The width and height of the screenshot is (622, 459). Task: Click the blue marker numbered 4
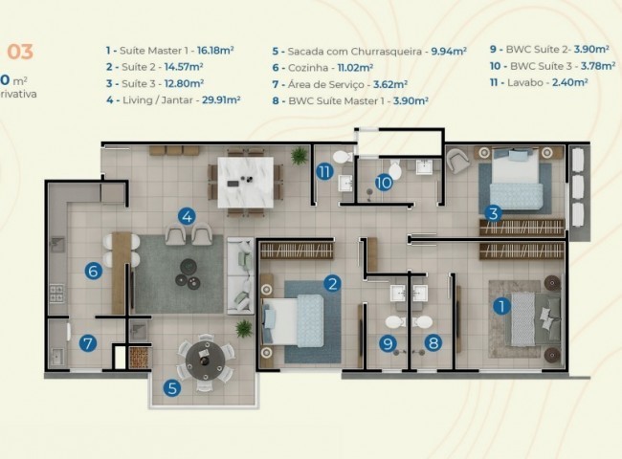click(x=188, y=217)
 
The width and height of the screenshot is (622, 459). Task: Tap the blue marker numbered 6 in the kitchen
click(x=92, y=271)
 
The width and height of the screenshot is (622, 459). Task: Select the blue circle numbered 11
click(x=325, y=172)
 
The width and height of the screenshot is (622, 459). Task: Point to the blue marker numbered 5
click(x=171, y=388)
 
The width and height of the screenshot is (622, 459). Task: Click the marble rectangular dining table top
click(x=246, y=176)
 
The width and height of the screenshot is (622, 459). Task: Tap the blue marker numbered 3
click(x=493, y=213)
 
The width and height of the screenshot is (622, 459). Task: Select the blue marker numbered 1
click(x=500, y=307)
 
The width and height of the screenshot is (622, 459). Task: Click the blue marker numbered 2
click(x=332, y=282)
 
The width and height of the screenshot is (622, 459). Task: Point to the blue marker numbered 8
click(x=433, y=340)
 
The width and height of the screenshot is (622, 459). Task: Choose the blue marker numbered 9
click(x=389, y=341)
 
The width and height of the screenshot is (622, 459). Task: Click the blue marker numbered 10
click(x=383, y=181)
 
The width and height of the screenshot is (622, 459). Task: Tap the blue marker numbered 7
click(x=86, y=342)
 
